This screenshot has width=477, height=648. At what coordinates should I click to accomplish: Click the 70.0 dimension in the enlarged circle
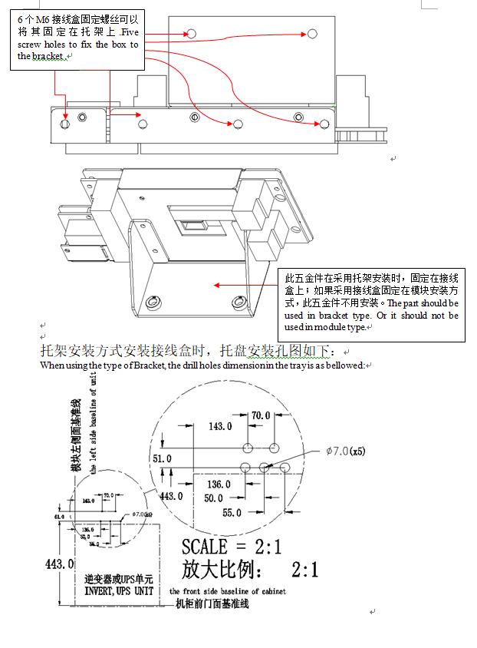261,415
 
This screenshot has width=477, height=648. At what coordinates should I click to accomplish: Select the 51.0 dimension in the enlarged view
163,458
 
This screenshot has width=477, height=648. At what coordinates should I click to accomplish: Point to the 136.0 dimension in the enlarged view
218,484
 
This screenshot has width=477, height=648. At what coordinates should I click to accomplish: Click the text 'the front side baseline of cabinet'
228,591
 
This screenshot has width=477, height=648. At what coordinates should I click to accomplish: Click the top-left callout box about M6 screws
78,38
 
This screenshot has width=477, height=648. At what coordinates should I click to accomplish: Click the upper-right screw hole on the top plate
312,34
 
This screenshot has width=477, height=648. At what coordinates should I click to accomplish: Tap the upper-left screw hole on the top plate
189,34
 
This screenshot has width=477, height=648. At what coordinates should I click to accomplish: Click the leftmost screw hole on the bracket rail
65,124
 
